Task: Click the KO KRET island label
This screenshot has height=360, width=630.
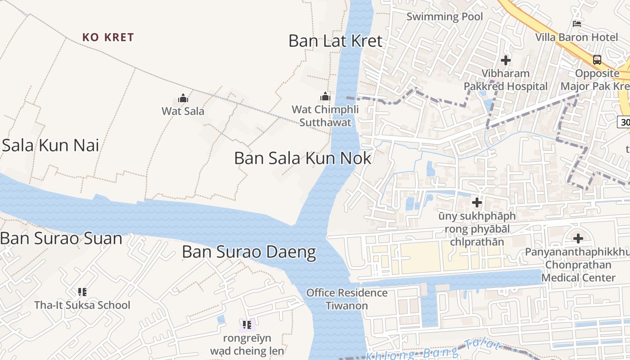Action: (108, 37)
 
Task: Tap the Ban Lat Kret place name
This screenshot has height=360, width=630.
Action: (335, 41)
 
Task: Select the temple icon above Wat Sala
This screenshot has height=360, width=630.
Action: (183, 98)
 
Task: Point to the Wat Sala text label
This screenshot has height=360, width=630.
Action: (183, 111)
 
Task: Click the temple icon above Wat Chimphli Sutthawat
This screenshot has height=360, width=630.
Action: (325, 96)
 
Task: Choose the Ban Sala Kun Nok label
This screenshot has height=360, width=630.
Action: (303, 158)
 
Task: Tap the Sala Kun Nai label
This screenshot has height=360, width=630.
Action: (50, 145)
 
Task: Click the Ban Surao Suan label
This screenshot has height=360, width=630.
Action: (61, 238)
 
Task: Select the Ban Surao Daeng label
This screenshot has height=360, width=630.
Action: (249, 252)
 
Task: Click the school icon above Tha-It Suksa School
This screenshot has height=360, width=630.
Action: (82, 292)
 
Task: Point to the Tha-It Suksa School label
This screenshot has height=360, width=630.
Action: (82, 305)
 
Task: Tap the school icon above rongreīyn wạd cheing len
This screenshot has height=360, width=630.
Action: (247, 324)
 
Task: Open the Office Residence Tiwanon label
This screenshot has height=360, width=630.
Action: (346, 299)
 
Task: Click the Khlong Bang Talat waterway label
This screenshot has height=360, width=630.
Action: (432, 351)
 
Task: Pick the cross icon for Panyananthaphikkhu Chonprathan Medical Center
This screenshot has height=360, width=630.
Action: (578, 238)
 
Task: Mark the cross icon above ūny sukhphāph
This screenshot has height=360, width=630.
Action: (477, 202)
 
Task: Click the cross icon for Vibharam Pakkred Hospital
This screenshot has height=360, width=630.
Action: (506, 60)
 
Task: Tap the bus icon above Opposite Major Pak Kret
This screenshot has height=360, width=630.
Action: (597, 59)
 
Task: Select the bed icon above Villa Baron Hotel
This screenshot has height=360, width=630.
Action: (576, 23)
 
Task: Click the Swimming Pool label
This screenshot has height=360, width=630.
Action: (445, 17)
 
